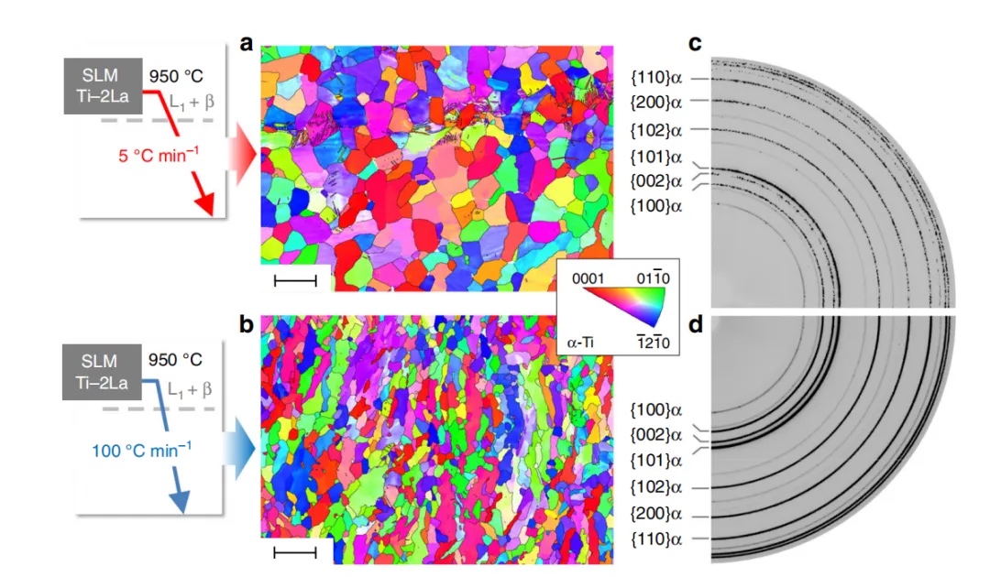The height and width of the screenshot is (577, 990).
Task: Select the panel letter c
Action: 696,44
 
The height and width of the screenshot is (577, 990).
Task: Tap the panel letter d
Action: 696,324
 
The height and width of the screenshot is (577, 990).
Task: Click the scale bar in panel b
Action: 295,552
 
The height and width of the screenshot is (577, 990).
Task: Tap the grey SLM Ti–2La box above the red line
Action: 102,86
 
